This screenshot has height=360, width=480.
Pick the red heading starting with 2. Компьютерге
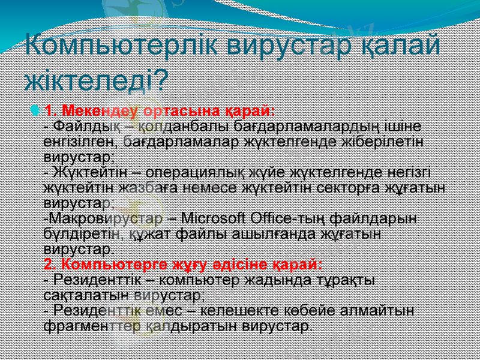[183, 264]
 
